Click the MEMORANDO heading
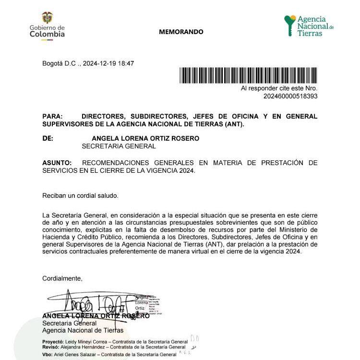click(181, 32)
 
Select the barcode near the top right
click(248, 76)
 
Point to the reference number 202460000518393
click(290, 96)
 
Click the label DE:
click(48, 138)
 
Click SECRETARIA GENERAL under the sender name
click(119, 146)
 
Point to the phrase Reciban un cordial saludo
click(80, 195)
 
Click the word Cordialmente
click(62, 278)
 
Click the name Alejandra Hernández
click(83, 347)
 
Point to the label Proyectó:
click(53, 340)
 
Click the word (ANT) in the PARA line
click(233, 124)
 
